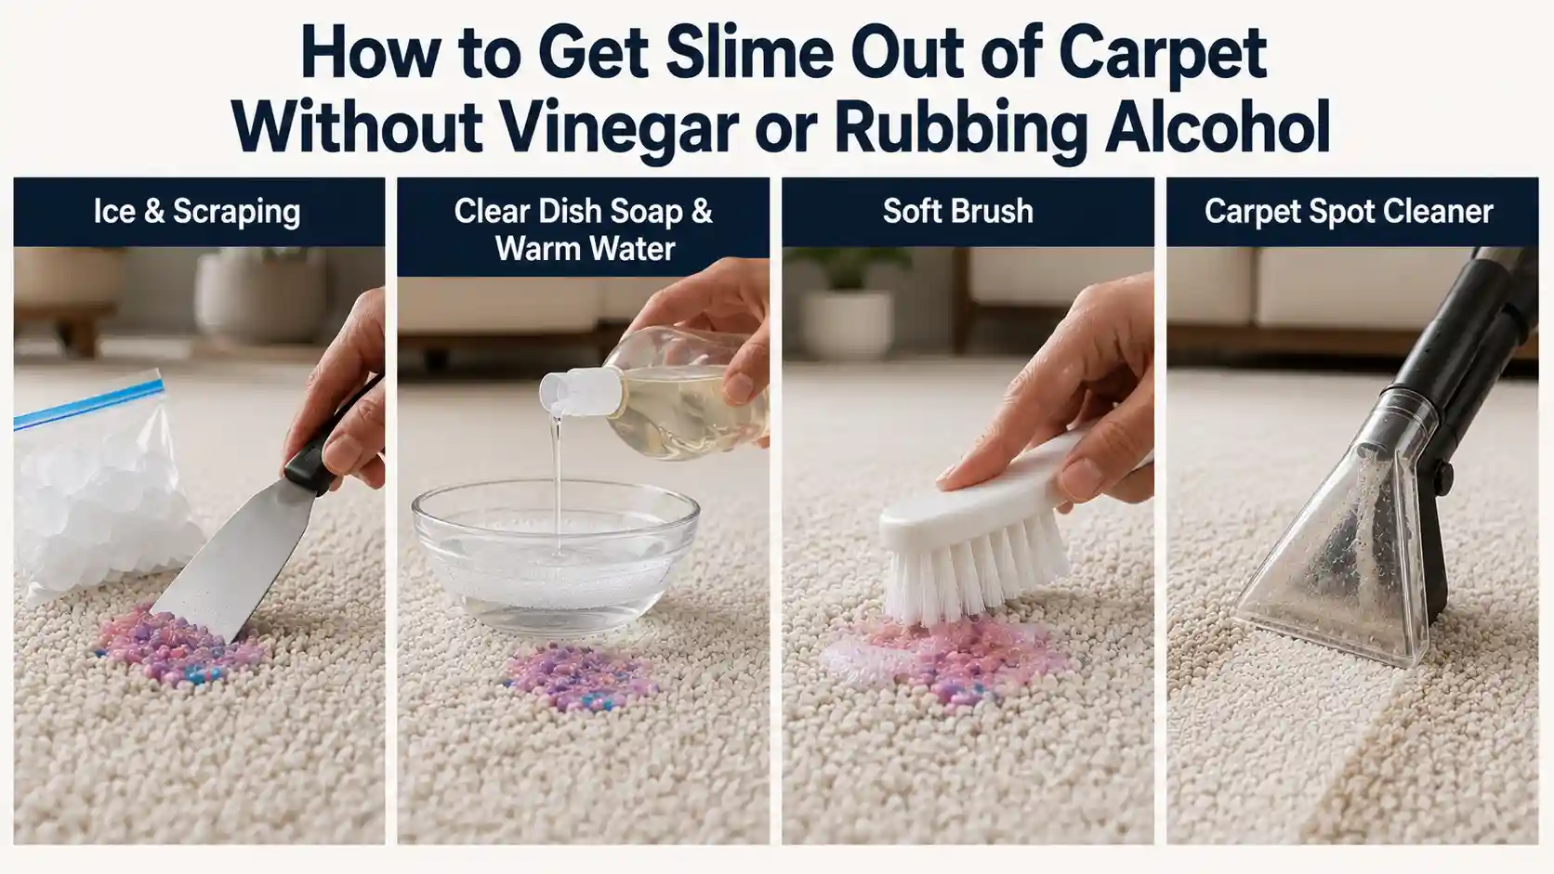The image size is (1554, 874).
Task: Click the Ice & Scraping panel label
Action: [x=197, y=212]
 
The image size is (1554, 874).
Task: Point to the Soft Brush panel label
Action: [x=957, y=211]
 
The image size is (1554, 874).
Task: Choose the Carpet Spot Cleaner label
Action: [x=1349, y=212]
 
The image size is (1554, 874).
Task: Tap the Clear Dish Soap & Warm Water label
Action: [x=584, y=229]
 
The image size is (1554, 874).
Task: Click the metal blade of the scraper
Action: [x=229, y=561]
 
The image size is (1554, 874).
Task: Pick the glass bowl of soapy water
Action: [x=555, y=554]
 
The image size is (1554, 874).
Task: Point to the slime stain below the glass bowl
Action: [x=578, y=677]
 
